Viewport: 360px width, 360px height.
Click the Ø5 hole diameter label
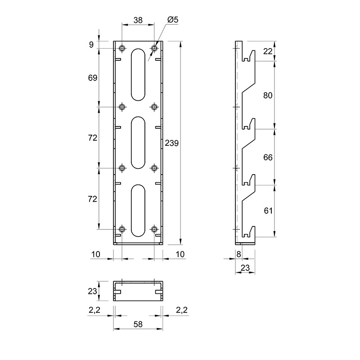173,20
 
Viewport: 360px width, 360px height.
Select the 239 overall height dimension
172,143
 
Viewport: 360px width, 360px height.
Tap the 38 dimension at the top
138,20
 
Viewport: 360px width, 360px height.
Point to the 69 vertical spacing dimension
93,78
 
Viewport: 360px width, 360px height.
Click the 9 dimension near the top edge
91,45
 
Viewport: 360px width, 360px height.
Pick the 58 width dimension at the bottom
138,324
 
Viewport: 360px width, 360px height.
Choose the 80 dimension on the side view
268,95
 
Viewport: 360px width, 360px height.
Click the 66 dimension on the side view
268,157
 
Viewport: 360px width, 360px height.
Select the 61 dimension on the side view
268,211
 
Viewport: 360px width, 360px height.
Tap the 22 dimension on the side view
268,51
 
